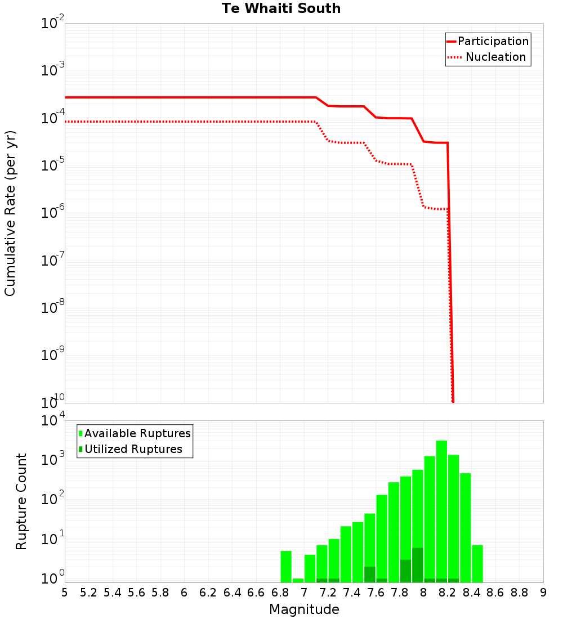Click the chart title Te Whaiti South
[x=281, y=8]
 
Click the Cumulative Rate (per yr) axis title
[x=10, y=213]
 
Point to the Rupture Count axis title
[x=21, y=501]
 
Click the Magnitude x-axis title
[x=304, y=609]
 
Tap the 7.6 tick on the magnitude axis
[x=376, y=593]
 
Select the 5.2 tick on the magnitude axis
[x=88, y=593]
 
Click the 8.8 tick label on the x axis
[x=520, y=593]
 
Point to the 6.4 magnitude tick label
[x=232, y=593]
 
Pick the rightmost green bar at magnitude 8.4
[x=477, y=563]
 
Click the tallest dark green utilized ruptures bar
[x=418, y=564]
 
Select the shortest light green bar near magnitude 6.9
[x=298, y=580]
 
